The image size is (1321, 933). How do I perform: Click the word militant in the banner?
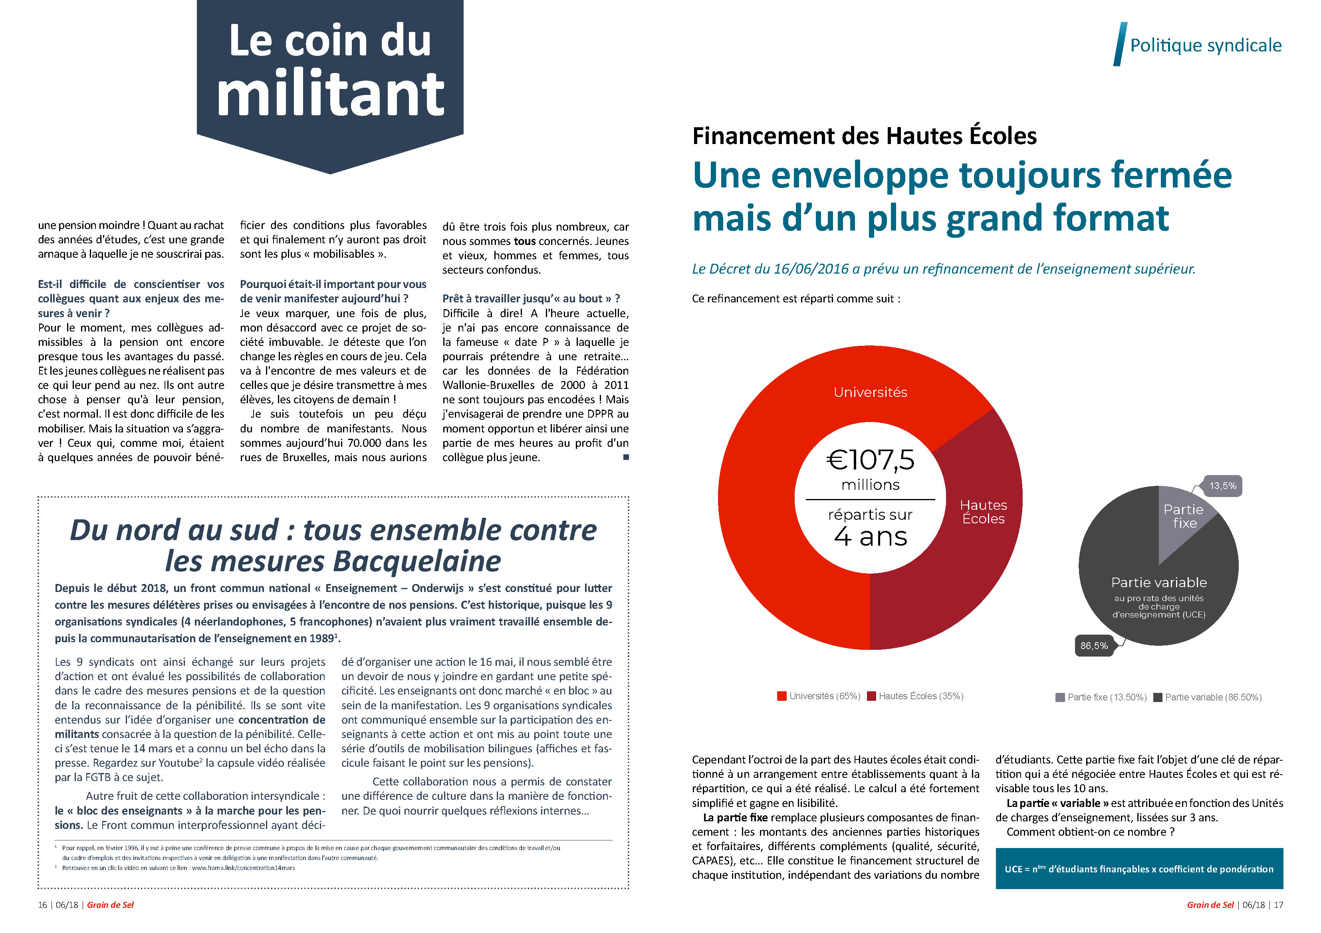[x=330, y=94]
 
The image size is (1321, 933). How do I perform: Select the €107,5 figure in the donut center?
[x=870, y=460]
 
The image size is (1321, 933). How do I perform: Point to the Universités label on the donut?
[x=870, y=392]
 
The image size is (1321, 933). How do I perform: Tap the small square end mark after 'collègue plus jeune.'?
[x=626, y=457]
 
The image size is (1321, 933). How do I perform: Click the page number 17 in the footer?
[x=1278, y=905]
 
